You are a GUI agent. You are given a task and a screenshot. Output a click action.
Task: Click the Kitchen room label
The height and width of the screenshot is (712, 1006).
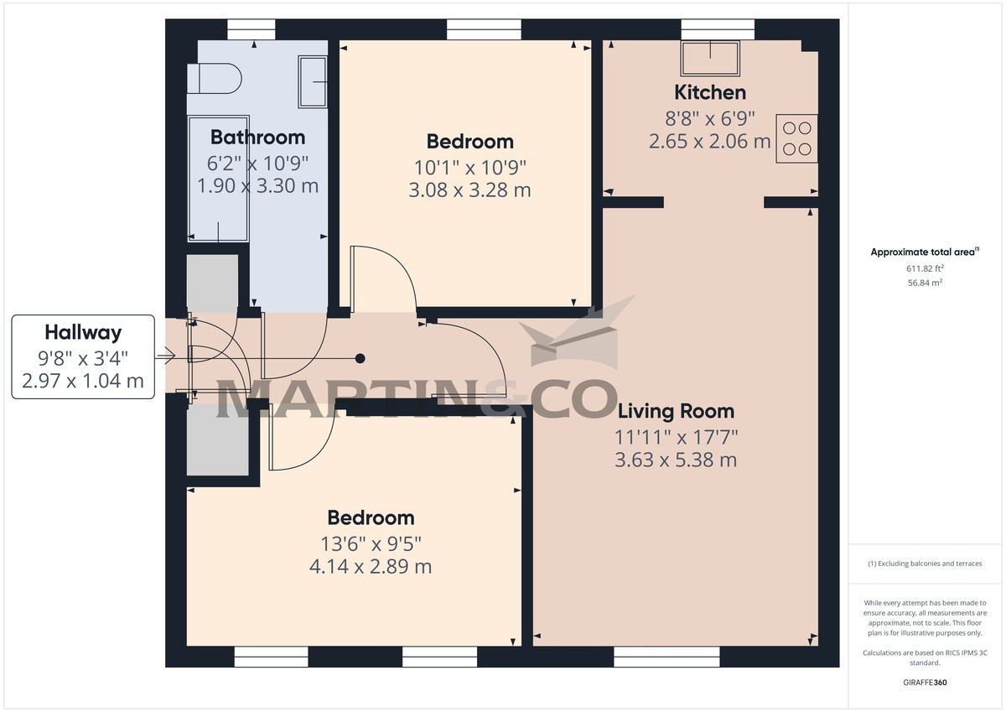pyautogui.click(x=710, y=92)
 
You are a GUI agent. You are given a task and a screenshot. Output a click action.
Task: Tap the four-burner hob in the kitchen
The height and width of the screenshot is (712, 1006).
pyautogui.click(x=796, y=139)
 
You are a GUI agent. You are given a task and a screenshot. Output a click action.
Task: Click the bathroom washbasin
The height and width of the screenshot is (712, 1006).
pyautogui.click(x=314, y=81)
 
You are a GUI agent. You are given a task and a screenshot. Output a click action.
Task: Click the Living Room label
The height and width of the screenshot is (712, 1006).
pyautogui.click(x=676, y=411)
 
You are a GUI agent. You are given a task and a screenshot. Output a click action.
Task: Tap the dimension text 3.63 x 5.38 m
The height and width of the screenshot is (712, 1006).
pyautogui.click(x=676, y=460)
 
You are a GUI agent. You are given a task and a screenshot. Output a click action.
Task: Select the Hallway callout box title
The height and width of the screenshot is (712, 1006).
pyautogui.click(x=83, y=332)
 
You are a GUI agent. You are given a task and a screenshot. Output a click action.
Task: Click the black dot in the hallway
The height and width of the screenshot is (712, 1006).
pyautogui.click(x=360, y=359)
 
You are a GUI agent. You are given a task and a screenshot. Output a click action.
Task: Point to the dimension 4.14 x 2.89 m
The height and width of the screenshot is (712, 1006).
pyautogui.click(x=371, y=566)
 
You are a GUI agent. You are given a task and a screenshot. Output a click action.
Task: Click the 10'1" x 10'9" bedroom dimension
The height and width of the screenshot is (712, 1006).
pyautogui.click(x=469, y=166)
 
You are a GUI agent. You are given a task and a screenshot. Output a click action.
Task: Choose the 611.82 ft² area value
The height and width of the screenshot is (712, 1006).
pyautogui.click(x=926, y=268)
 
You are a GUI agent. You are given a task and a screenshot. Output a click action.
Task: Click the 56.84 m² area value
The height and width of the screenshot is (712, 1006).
pyautogui.click(x=926, y=283)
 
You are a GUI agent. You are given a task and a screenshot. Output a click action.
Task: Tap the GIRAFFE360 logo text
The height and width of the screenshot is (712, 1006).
pyautogui.click(x=926, y=683)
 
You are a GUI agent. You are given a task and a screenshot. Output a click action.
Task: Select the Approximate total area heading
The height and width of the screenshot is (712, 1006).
pyautogui.click(x=924, y=252)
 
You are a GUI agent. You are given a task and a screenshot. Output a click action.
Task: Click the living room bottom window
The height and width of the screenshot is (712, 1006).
pyautogui.click(x=667, y=656)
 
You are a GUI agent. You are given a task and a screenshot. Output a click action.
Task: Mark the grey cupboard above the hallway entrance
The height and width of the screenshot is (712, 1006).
pyautogui.click(x=212, y=283)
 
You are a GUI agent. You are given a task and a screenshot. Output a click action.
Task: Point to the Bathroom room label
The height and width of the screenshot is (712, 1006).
pyautogui.click(x=257, y=137)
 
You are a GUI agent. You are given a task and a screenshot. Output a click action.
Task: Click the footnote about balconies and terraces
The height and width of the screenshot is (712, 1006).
pyautogui.click(x=926, y=564)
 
